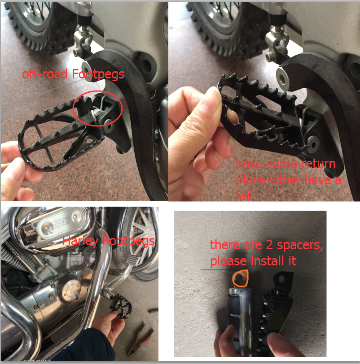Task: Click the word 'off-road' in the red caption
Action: click(44, 74)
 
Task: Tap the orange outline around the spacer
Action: click(241, 270)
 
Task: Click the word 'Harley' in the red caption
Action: click(80, 241)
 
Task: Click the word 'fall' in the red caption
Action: click(244, 195)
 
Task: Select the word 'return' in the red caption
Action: click(318, 164)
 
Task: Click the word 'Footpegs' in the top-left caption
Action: click(98, 74)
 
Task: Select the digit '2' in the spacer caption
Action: click(269, 245)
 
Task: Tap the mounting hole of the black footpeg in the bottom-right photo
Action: click(281, 278)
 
